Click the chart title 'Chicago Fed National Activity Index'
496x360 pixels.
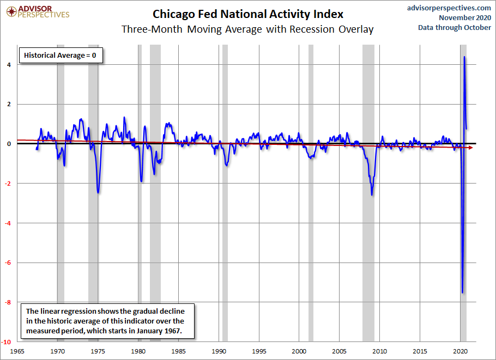tap(248, 14)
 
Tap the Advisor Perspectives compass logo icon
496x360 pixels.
tap(11, 12)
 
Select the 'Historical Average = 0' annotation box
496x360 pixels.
tap(61, 56)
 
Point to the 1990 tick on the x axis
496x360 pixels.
tap(219, 351)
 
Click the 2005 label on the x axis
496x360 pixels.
tap(340, 351)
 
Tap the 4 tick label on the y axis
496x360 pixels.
tap(9, 65)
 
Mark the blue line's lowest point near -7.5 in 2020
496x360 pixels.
tap(462, 292)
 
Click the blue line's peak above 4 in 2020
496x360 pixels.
tap(464, 57)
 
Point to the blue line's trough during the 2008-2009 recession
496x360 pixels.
tap(372, 194)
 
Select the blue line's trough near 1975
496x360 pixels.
tap(98, 192)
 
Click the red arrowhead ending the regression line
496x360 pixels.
tap(471, 148)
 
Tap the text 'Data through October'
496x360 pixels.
tap(455, 27)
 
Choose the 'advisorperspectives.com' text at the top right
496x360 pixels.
tap(449, 8)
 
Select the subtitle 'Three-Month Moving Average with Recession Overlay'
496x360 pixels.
tap(247, 29)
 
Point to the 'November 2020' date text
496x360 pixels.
tap(465, 17)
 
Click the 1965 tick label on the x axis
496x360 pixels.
tap(17, 351)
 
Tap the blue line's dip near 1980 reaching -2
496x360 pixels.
tap(141, 181)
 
